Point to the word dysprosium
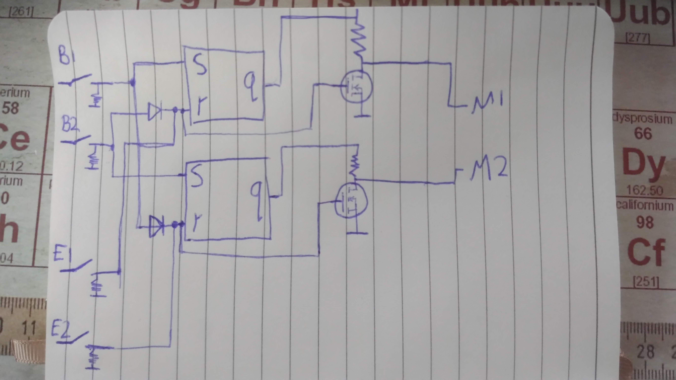click(x=643, y=118)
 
